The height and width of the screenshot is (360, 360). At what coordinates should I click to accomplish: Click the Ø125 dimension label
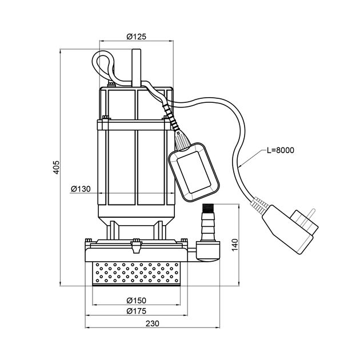[136, 36]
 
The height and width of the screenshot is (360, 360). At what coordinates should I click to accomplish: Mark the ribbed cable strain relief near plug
[257, 204]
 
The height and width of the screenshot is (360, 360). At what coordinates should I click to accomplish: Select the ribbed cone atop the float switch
[181, 138]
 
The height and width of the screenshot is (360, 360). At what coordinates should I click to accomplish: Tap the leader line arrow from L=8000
[242, 165]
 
